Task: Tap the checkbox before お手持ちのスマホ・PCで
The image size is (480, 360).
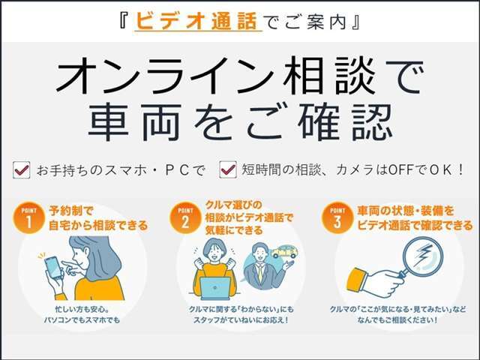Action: click(22, 171)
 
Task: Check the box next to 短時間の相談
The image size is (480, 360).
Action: click(227, 171)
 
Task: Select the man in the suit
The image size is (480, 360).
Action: click(259, 269)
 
